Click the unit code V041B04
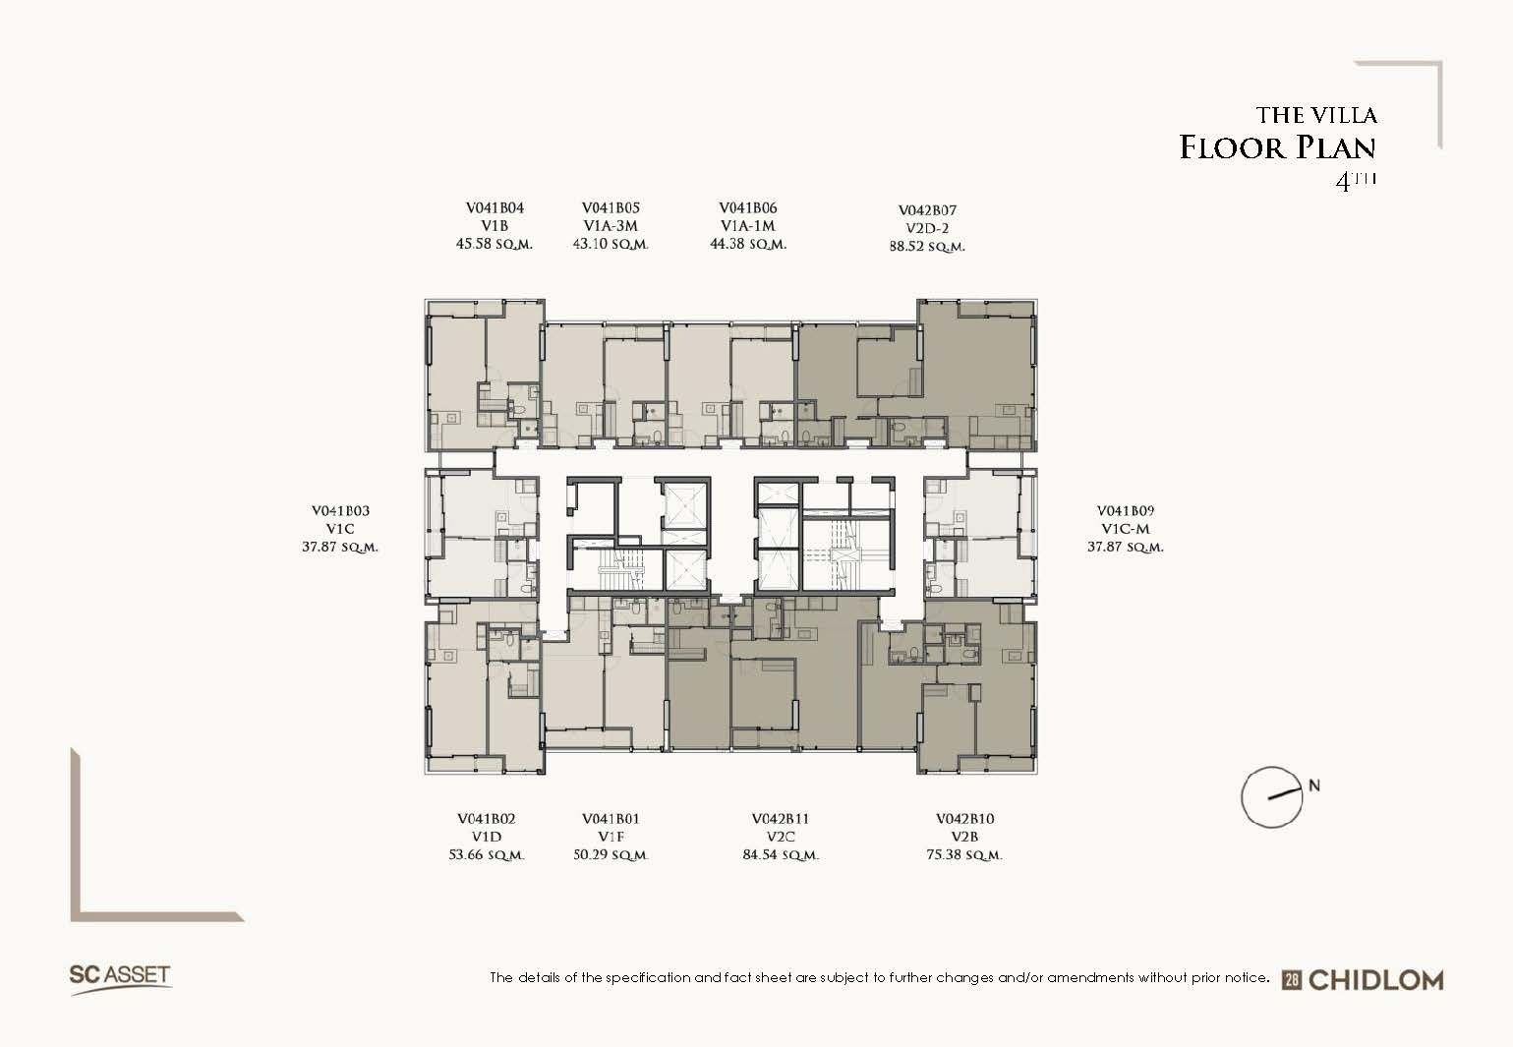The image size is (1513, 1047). click(495, 208)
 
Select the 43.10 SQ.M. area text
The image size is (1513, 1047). click(611, 244)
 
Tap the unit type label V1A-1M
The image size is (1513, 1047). click(748, 226)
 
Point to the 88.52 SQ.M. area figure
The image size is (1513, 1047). click(927, 247)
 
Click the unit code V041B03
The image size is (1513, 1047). click(340, 511)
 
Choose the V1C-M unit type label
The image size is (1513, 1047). click(1126, 529)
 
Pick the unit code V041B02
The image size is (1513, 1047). click(487, 819)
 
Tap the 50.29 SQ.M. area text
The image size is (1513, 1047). click(611, 855)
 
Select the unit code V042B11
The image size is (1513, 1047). click(781, 819)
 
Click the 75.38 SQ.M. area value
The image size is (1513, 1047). click(964, 855)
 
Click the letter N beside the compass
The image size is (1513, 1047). click(1314, 785)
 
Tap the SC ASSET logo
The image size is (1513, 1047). click(120, 979)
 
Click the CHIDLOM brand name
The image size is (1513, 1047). click(1376, 980)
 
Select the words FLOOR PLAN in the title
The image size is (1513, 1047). click(1277, 147)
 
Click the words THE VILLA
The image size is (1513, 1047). click(1316, 115)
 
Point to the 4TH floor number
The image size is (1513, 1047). click(1356, 181)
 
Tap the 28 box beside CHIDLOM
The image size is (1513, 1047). click(1292, 981)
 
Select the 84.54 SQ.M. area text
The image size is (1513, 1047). click(781, 855)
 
